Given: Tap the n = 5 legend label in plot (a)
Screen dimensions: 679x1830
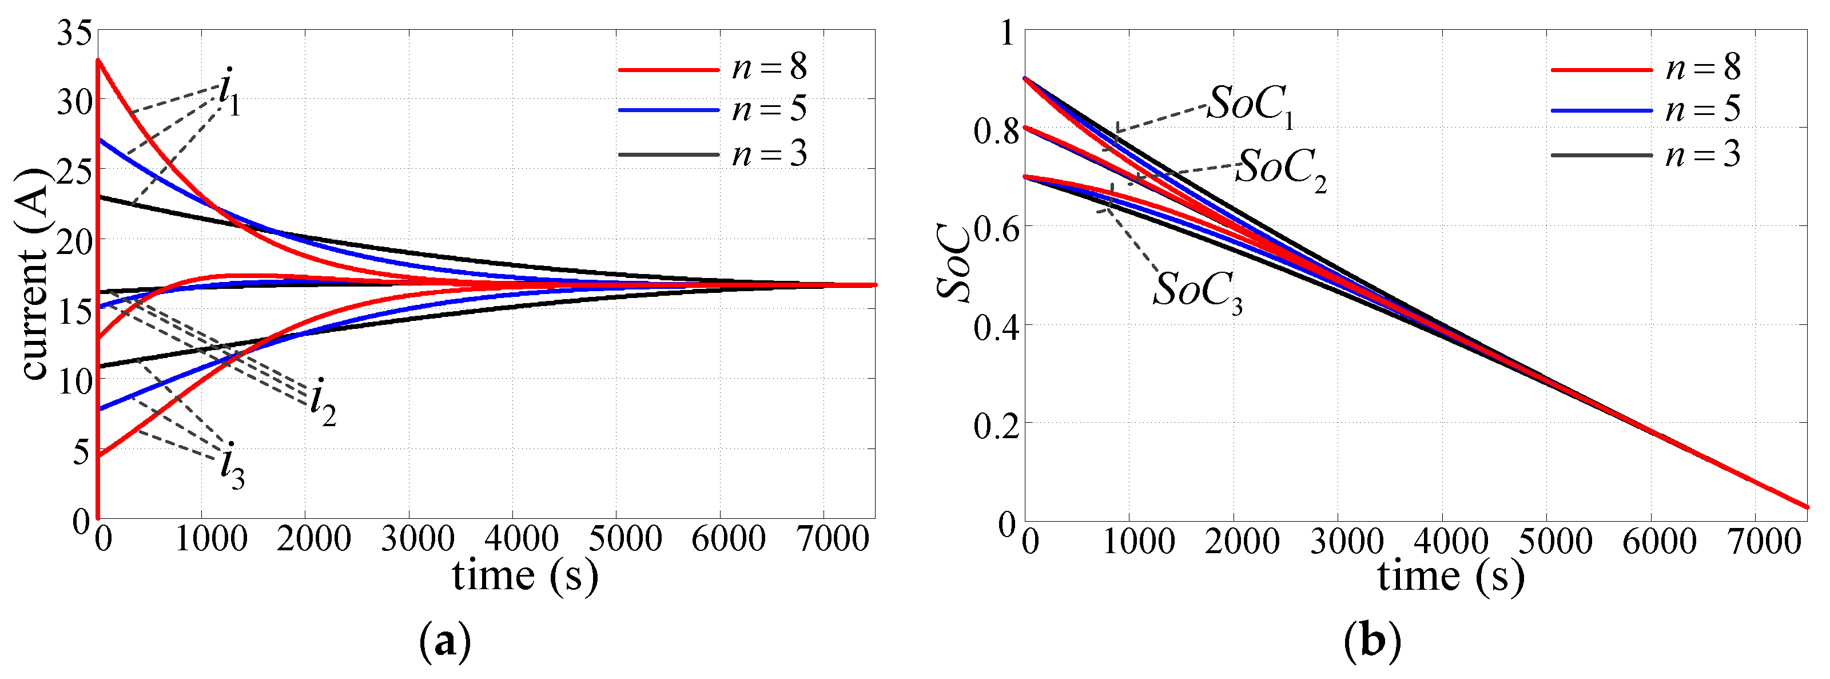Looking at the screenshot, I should pyautogui.click(x=769, y=109).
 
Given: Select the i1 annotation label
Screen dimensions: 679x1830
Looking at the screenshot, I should pyautogui.click(x=229, y=92).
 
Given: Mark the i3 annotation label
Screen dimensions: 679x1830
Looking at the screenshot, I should pyautogui.click(x=232, y=467).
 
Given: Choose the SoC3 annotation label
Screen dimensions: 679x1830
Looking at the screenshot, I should pyautogui.click(x=1197, y=291).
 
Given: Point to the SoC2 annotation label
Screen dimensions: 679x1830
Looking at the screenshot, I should pyautogui.click(x=1280, y=170).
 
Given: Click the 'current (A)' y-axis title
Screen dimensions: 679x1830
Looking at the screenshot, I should pyautogui.click(x=34, y=273).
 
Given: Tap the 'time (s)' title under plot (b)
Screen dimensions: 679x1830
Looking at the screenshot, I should pyautogui.click(x=1451, y=575).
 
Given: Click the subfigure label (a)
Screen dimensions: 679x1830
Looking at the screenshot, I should pyautogui.click(x=445, y=643).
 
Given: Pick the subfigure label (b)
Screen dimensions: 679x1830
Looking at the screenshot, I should pyautogui.click(x=1372, y=643).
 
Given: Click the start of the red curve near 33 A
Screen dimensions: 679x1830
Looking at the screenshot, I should pyautogui.click(x=100, y=61).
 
